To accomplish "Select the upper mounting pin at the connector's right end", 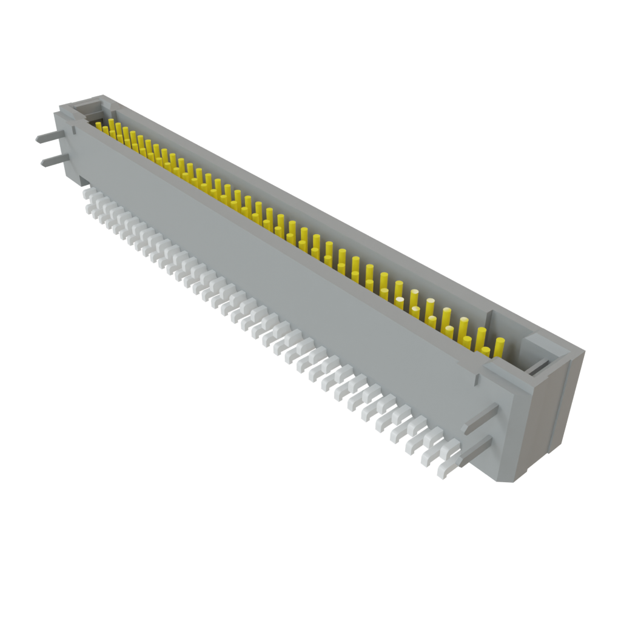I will [x=479, y=418].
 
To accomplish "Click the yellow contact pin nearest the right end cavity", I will [x=499, y=347].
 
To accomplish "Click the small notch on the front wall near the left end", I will [x=72, y=129].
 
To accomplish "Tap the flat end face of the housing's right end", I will [x=546, y=418].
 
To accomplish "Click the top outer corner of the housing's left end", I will [x=103, y=95].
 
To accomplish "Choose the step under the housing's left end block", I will [x=82, y=180].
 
